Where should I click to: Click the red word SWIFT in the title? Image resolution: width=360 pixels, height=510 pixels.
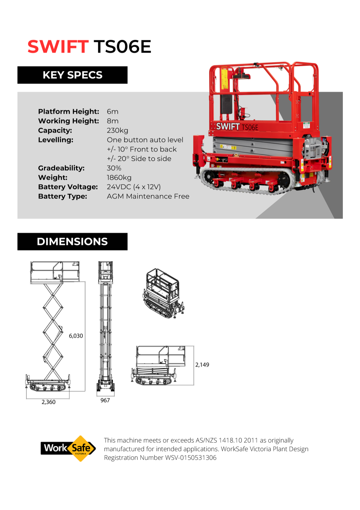click(x=58, y=47)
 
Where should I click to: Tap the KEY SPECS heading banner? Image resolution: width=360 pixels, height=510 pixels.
click(x=72, y=75)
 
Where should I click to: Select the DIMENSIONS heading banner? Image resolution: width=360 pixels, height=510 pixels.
click(x=72, y=241)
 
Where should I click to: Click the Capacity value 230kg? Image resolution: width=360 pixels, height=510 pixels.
click(x=117, y=131)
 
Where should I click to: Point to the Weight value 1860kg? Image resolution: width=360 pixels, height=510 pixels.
click(x=119, y=178)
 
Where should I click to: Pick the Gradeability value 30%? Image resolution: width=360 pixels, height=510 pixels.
click(x=114, y=168)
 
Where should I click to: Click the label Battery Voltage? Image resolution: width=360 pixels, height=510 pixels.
click(x=68, y=187)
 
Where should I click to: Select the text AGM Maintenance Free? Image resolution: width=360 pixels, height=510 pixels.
click(x=148, y=197)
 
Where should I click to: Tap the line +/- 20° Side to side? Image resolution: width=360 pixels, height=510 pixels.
click(x=139, y=159)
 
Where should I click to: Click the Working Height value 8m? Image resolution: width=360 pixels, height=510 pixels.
click(x=112, y=121)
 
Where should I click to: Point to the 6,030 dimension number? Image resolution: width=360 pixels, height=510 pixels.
click(x=76, y=336)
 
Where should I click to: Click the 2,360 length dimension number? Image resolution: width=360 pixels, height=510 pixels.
click(x=48, y=402)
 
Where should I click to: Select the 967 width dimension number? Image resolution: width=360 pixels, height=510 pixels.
click(x=105, y=400)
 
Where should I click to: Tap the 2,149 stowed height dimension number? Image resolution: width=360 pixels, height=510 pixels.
click(x=202, y=365)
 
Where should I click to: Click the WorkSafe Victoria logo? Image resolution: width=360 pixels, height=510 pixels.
click(x=68, y=448)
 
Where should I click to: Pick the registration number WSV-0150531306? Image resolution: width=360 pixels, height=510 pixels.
click(x=191, y=458)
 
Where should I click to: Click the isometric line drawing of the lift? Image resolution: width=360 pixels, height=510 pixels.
click(x=163, y=293)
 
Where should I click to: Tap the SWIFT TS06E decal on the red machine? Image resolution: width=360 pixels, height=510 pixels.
click(x=237, y=127)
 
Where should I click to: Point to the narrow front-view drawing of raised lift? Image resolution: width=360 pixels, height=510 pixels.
click(x=106, y=326)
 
